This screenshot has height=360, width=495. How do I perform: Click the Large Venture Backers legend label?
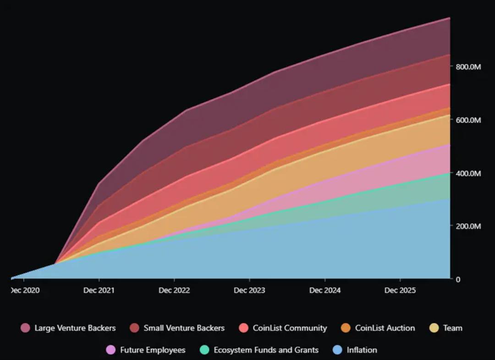[75, 328]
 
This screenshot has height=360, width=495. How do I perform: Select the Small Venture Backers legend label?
[184, 328]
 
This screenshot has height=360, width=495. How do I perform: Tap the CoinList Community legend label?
[289, 328]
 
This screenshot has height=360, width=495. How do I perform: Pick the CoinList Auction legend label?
[385, 328]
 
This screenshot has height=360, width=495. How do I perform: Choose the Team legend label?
[453, 328]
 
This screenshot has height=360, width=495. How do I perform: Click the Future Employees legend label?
[153, 350]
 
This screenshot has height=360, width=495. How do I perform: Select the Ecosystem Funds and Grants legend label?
[266, 350]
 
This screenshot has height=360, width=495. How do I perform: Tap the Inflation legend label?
[362, 350]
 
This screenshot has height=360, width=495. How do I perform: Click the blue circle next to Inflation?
[337, 350]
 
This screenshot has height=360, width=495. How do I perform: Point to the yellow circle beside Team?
[434, 328]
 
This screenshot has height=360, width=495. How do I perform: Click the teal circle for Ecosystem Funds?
[204, 350]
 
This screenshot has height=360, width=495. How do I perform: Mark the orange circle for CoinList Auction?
[346, 328]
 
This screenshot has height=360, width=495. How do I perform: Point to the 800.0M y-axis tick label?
[468, 67]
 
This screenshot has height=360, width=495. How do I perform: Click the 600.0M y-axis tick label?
[468, 120]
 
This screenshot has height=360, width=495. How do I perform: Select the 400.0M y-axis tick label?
[468, 173]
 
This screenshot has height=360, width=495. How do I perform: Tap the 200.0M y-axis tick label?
[468, 226]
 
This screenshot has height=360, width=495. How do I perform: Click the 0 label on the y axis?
[458, 279]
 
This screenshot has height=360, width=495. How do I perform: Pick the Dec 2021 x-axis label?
[99, 290]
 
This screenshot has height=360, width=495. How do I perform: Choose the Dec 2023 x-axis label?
[249, 290]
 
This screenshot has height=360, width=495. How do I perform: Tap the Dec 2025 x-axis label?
[400, 290]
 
